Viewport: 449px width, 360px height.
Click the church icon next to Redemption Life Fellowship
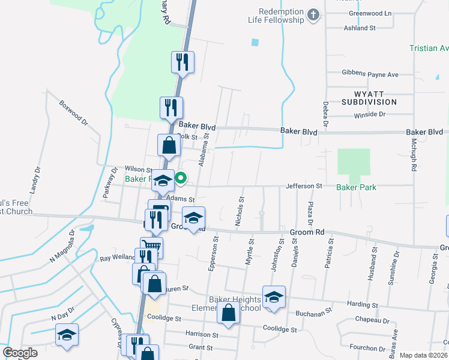pos(313,15)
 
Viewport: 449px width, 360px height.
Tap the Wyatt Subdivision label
pos(370,97)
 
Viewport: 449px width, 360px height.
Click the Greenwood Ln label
pos(371,13)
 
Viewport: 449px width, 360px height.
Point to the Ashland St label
pos(359,28)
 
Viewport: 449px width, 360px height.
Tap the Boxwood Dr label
pos(73,112)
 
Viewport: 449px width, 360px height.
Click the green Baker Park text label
pos(356,187)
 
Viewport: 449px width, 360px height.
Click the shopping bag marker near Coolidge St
pos(228,313)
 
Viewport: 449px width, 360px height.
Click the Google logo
pos(20,353)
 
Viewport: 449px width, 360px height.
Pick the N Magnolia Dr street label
pos(62,245)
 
